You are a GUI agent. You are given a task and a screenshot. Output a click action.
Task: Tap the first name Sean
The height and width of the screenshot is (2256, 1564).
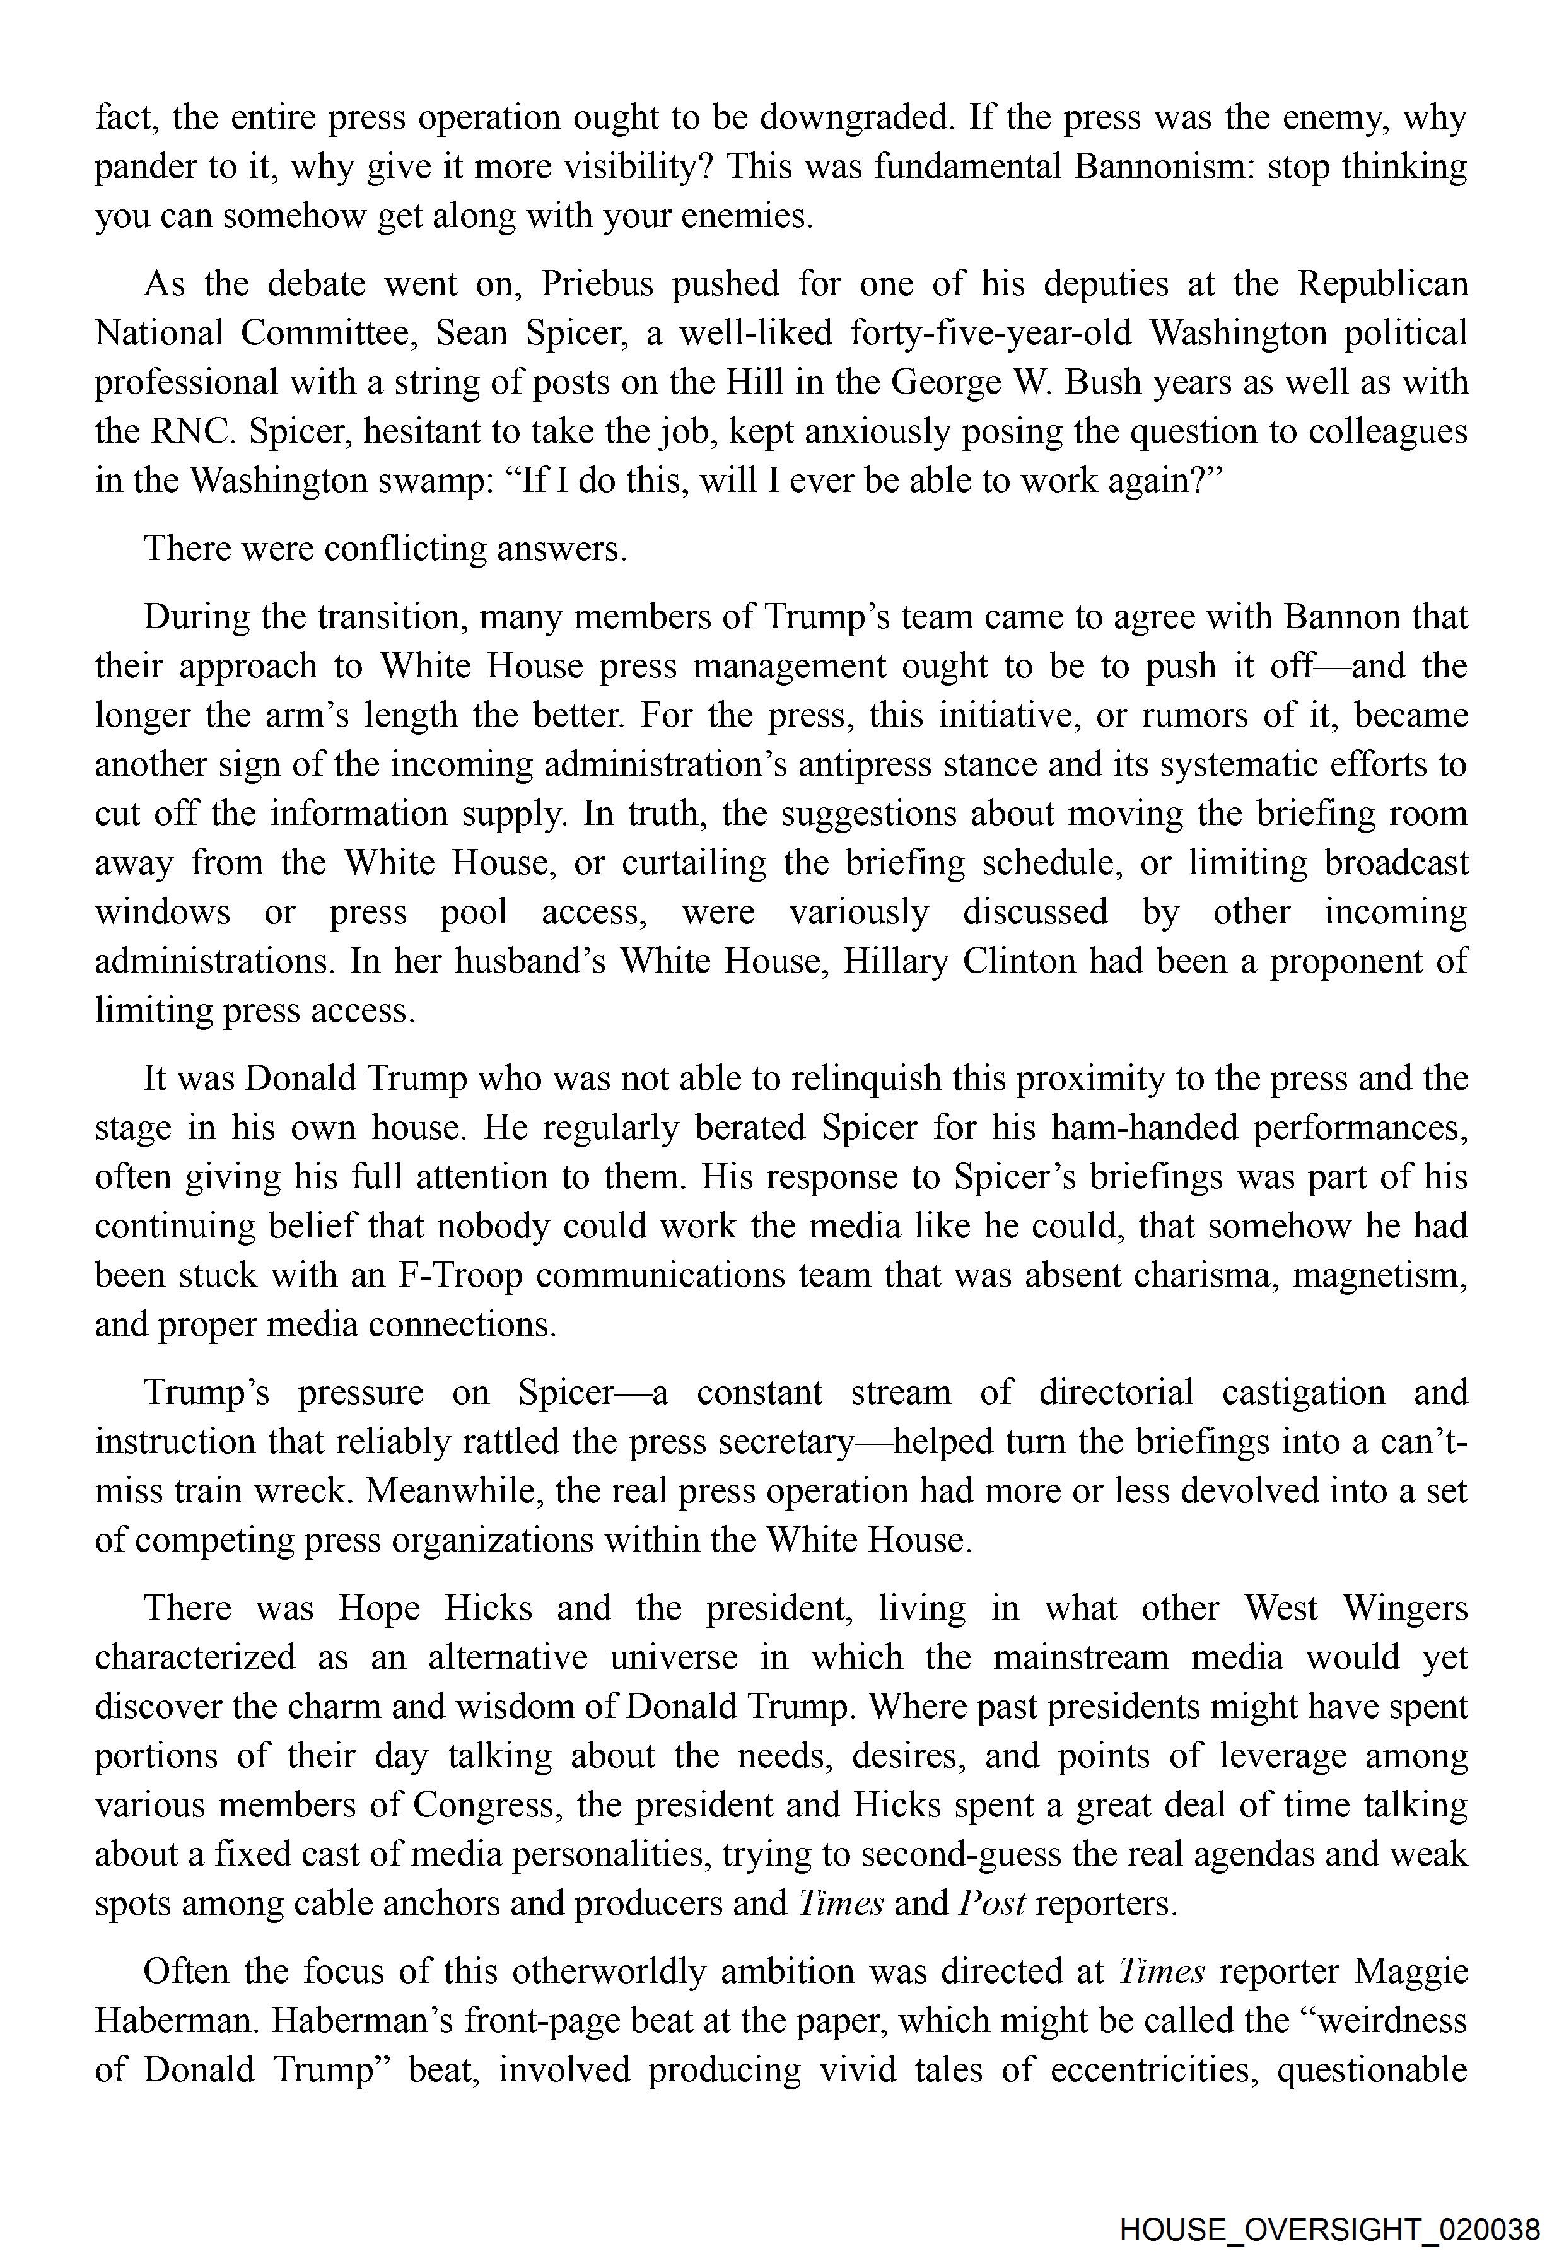[470, 333]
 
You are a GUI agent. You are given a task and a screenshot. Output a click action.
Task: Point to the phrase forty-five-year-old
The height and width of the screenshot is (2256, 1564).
[989, 333]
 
